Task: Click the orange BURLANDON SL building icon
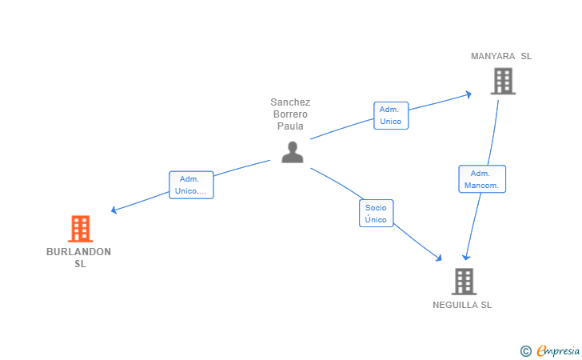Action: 79,229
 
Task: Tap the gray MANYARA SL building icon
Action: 502,81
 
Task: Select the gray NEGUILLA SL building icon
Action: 464,281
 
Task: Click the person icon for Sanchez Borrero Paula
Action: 293,152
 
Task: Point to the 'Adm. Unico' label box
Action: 391,115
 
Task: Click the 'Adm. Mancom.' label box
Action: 481,179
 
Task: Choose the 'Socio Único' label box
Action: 376,214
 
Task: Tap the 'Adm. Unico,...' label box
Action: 191,185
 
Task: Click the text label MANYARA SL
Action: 501,56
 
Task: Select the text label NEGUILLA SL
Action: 462,305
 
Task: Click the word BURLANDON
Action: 78,252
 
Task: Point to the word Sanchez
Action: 290,102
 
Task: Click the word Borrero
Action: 290,114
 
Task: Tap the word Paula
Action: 290,126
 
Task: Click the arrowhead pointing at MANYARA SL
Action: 468,94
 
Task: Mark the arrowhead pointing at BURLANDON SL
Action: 114,210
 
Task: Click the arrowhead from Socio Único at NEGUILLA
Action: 439,258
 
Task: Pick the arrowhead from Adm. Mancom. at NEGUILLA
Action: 466,258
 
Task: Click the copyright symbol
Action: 525,350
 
